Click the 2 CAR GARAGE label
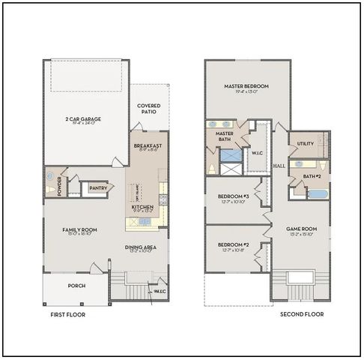point(83,118)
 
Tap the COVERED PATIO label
point(148,109)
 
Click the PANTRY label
point(98,187)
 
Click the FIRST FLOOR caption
point(67,315)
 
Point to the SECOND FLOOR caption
point(302,315)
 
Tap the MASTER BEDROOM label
point(246,86)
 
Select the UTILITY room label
point(305,143)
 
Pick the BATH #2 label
point(312,176)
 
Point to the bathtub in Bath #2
point(318,193)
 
